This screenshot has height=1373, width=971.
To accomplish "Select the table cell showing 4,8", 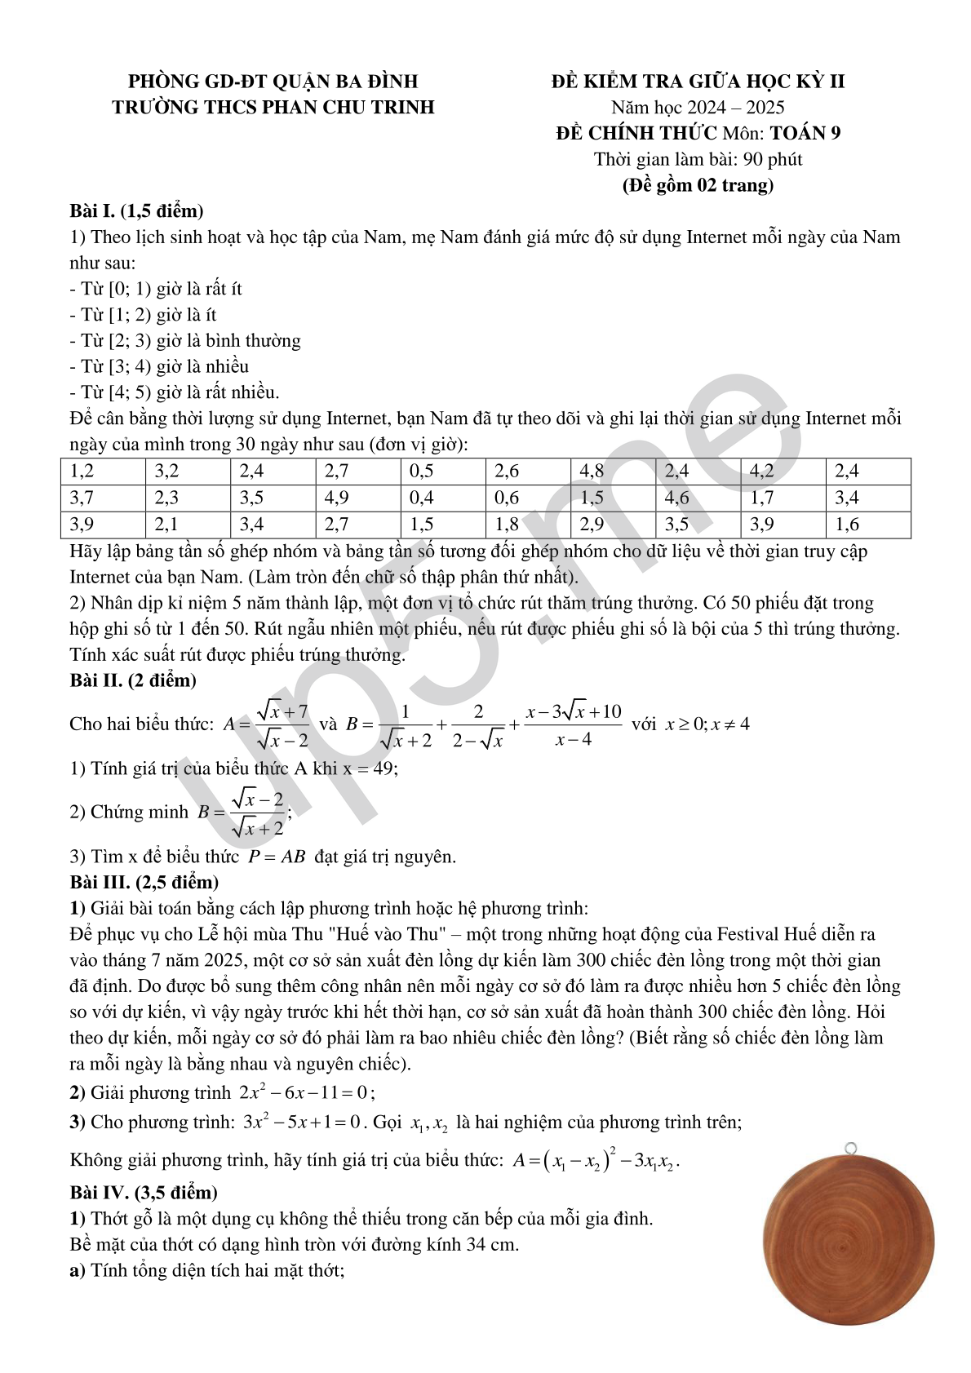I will click(x=612, y=472).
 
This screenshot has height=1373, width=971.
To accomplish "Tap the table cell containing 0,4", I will click(x=442, y=498).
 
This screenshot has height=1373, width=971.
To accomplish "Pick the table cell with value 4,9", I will click(x=357, y=498).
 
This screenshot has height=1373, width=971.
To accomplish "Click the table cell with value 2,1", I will click(x=188, y=525).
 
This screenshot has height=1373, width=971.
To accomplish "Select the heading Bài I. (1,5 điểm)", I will click(x=136, y=211).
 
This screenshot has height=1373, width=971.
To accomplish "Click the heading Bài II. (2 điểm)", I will click(x=133, y=680).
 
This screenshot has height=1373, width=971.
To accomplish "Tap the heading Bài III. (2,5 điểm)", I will click(x=144, y=882).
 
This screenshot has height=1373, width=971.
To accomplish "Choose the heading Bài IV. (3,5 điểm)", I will click(x=144, y=1193).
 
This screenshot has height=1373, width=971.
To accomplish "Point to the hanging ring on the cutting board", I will click(x=851, y=1149).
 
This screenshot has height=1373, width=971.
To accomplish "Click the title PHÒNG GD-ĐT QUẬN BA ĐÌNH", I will click(x=273, y=81).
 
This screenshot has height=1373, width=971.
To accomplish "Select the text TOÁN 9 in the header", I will click(x=805, y=133).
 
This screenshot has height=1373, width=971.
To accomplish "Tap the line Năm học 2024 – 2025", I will click(x=698, y=107).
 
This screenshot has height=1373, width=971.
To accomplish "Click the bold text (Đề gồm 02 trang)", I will click(x=698, y=185).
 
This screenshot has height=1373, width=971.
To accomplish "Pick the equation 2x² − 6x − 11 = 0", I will click(x=305, y=1092).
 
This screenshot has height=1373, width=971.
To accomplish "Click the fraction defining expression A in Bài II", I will click(x=282, y=724).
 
